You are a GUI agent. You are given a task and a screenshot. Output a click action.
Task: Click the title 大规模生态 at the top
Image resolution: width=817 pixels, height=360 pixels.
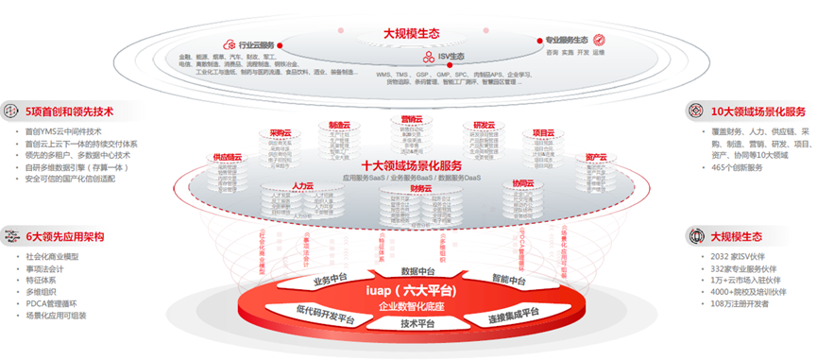[x=411, y=33]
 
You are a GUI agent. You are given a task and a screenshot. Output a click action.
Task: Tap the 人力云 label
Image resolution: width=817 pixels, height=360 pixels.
[x=303, y=186]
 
